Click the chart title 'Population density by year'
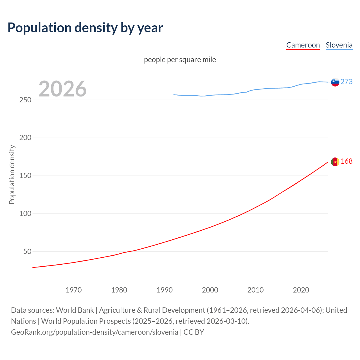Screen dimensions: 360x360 coord(85,28)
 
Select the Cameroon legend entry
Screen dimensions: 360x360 coord(303,45)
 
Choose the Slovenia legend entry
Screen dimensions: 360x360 coord(339,45)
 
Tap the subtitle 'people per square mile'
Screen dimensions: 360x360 coord(180,60)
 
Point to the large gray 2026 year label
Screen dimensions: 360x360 coord(62,89)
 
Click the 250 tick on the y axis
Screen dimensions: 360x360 coord(25,100)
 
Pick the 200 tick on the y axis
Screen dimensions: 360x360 coord(25,138)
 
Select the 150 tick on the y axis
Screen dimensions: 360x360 coord(25,176)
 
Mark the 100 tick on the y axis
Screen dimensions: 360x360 coord(25,213)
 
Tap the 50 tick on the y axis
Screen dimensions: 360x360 coord(27,251)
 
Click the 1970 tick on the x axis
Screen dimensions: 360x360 coord(74,290)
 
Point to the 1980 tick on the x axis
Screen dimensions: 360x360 coord(119,290)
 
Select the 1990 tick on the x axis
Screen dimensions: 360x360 coord(165,290)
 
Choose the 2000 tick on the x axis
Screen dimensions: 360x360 coord(210,290)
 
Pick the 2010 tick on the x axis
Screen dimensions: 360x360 coord(255,290)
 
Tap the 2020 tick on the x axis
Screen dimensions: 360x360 coord(301,290)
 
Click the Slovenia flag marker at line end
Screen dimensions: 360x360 coord(335,82)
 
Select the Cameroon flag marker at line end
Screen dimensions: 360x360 coord(335,162)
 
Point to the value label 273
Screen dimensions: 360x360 coord(346,82)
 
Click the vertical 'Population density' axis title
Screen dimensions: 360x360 coord(12,174)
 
